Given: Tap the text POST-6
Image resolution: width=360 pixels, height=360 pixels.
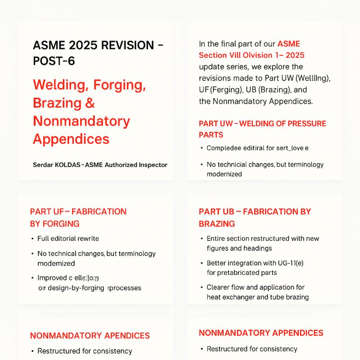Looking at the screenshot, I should pos(54,61).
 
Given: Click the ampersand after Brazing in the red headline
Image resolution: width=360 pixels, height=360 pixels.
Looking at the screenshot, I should pos(90,103).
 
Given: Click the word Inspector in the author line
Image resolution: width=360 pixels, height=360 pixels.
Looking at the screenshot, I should pos(152,165).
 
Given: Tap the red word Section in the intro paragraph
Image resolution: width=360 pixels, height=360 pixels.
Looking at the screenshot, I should pos(214,55).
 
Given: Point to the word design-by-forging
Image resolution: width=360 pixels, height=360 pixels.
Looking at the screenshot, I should pos(74,288).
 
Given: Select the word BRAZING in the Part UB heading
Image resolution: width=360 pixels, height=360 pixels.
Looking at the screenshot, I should pos(217,224).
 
